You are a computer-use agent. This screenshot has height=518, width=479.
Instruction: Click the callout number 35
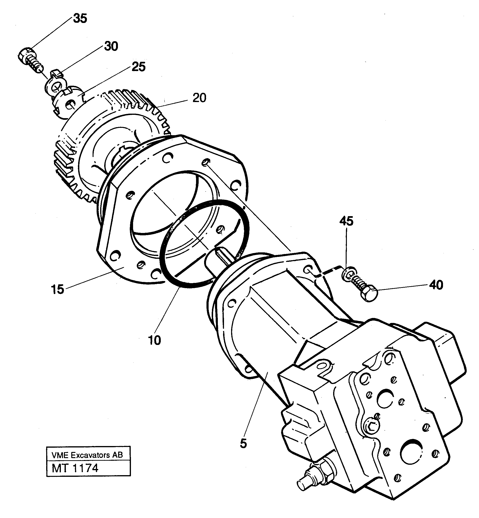(x=80, y=19)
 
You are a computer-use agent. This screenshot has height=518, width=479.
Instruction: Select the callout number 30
(x=111, y=46)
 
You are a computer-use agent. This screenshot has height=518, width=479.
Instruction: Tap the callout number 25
(x=139, y=67)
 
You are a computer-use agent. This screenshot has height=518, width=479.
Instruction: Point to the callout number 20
(x=199, y=98)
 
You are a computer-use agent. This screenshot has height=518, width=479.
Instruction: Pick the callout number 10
(x=154, y=340)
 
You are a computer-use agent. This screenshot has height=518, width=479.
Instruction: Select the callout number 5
(x=243, y=443)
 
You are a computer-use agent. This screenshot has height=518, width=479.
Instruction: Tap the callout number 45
(x=346, y=221)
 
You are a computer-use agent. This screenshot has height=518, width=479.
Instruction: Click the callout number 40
(x=436, y=285)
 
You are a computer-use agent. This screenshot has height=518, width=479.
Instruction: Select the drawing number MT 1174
(x=75, y=468)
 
